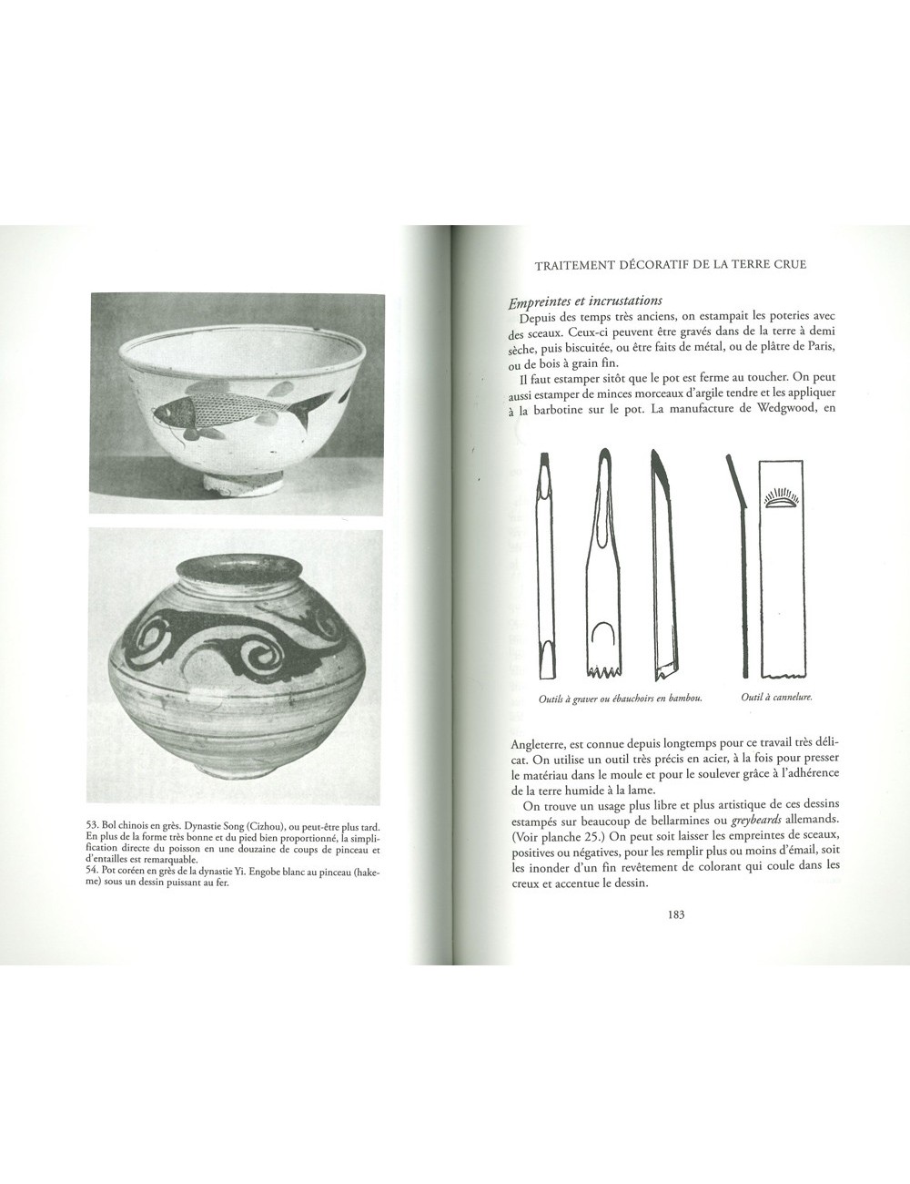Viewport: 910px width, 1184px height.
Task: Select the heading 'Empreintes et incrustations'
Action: pos(588,301)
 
